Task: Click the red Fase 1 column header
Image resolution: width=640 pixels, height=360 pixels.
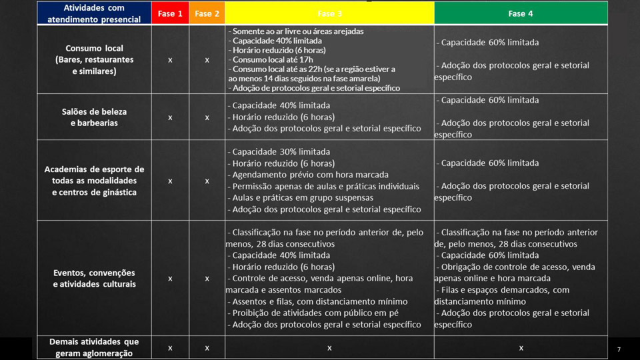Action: click(x=170, y=13)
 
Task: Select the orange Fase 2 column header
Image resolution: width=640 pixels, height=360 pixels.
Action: click(x=207, y=13)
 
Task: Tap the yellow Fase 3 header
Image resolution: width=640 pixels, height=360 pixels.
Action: click(x=329, y=13)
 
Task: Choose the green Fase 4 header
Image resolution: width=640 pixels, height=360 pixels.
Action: click(x=521, y=13)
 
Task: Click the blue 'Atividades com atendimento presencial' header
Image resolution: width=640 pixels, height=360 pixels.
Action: click(x=94, y=13)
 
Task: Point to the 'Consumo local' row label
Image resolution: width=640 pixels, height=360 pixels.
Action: click(x=94, y=59)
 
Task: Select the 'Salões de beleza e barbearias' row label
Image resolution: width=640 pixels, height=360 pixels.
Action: click(x=94, y=117)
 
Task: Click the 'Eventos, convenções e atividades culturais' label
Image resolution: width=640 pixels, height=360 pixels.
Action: click(x=94, y=278)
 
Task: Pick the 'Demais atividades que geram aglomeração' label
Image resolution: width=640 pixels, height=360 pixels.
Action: click(x=94, y=347)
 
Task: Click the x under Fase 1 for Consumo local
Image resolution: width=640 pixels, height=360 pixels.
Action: click(x=170, y=60)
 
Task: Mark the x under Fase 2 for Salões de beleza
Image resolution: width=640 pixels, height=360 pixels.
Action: click(x=207, y=117)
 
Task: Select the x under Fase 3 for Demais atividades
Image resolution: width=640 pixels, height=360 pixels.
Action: click(x=329, y=348)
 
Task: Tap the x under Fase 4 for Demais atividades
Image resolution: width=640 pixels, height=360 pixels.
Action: click(x=521, y=348)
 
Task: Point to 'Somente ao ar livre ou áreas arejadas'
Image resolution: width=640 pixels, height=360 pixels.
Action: click(x=297, y=31)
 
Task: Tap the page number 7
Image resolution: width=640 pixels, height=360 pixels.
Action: click(x=619, y=349)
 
